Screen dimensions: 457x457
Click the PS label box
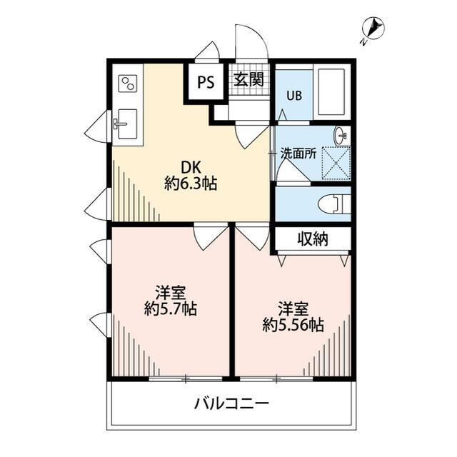point(206,81)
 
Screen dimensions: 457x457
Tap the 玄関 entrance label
point(249,79)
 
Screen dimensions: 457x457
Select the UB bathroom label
point(294,96)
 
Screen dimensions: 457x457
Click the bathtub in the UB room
point(333,93)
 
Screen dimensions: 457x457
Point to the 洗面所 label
point(298,153)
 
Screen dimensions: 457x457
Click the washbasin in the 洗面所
point(342,134)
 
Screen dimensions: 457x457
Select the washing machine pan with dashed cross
point(336,161)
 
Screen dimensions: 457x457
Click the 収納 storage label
point(313,239)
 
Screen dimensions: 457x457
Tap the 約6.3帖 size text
point(191,184)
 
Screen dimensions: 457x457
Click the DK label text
point(190,167)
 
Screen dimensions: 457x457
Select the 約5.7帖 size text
point(170,309)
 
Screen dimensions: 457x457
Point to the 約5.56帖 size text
point(293,326)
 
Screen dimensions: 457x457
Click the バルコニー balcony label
point(231,404)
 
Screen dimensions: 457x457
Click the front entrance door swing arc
point(251,43)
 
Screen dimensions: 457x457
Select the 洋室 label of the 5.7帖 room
point(171,292)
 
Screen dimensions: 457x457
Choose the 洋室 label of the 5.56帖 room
point(293,308)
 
